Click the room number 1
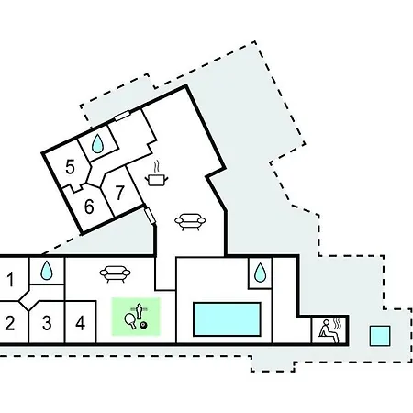point(10,279)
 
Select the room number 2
point(10,323)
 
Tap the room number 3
point(47,323)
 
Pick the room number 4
point(80,323)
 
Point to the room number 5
point(70,167)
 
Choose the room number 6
point(89,206)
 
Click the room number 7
point(119,192)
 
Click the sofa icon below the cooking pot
point(190,221)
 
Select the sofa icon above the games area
point(115,273)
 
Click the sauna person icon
point(329,330)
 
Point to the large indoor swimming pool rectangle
point(227,319)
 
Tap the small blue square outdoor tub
point(380,336)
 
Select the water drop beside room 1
point(47,271)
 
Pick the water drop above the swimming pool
point(260,273)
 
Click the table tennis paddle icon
point(130,320)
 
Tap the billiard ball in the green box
point(143,325)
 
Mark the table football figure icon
point(140,310)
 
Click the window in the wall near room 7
point(150,216)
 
